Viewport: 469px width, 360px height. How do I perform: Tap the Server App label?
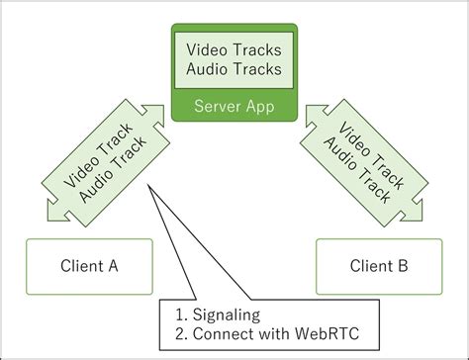[x=234, y=105]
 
